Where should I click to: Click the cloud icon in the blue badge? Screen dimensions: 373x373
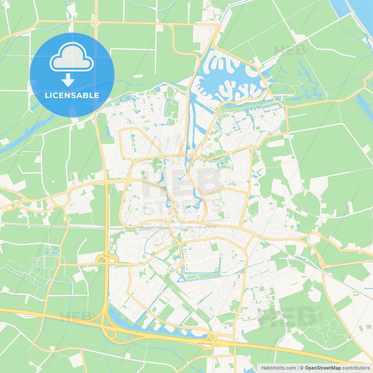pyautogui.click(x=72, y=57)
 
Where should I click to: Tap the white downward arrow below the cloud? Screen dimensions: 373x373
pyautogui.click(x=68, y=80)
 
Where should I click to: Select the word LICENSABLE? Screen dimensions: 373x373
pyautogui.click(x=72, y=95)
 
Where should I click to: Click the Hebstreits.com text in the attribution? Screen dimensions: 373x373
pyautogui.click(x=278, y=368)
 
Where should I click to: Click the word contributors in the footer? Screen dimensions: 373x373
pyautogui.click(x=356, y=368)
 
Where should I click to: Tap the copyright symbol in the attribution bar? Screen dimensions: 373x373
pyautogui.click(x=302, y=368)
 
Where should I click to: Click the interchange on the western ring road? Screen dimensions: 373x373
pyautogui.click(x=106, y=258)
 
